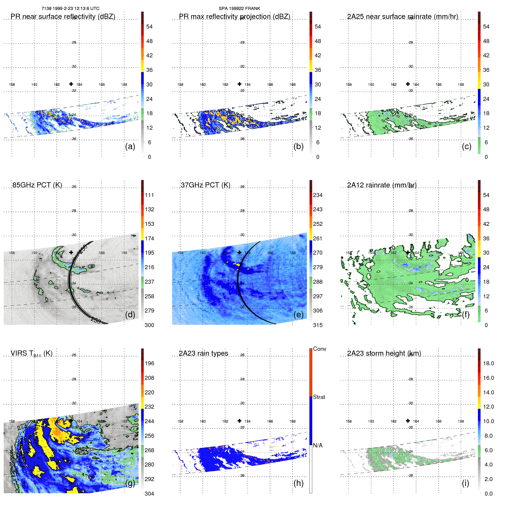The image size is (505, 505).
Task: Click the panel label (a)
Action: [x=130, y=146]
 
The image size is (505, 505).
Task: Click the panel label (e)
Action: [x=298, y=315]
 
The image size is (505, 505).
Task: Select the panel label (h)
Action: [x=298, y=483]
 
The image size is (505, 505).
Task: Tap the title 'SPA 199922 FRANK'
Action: [x=239, y=9]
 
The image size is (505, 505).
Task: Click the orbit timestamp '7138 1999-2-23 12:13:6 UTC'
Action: [x=70, y=9]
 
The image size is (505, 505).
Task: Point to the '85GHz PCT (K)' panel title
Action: [x=37, y=185]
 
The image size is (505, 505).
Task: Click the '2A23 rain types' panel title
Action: [x=203, y=353]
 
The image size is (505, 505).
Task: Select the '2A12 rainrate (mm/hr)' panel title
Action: [x=382, y=185]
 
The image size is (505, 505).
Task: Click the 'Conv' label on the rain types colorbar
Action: [x=319, y=349]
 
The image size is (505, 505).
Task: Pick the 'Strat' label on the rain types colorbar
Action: [x=319, y=397]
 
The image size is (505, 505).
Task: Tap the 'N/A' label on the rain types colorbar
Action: [x=318, y=445]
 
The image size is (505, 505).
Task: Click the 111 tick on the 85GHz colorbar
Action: [x=149, y=195]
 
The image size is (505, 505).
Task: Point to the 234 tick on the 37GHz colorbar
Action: [x=318, y=195]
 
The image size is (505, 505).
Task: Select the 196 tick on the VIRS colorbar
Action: [x=149, y=363]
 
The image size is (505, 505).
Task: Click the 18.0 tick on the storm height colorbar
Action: [x=488, y=363]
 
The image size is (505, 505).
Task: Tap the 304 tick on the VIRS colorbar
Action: [x=149, y=494]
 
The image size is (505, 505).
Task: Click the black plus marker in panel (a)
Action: [x=71, y=84]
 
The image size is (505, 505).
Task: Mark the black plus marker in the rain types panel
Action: [x=240, y=421]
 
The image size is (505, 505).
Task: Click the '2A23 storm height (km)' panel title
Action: [x=384, y=353]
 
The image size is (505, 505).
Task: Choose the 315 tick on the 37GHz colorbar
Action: [x=318, y=325]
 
